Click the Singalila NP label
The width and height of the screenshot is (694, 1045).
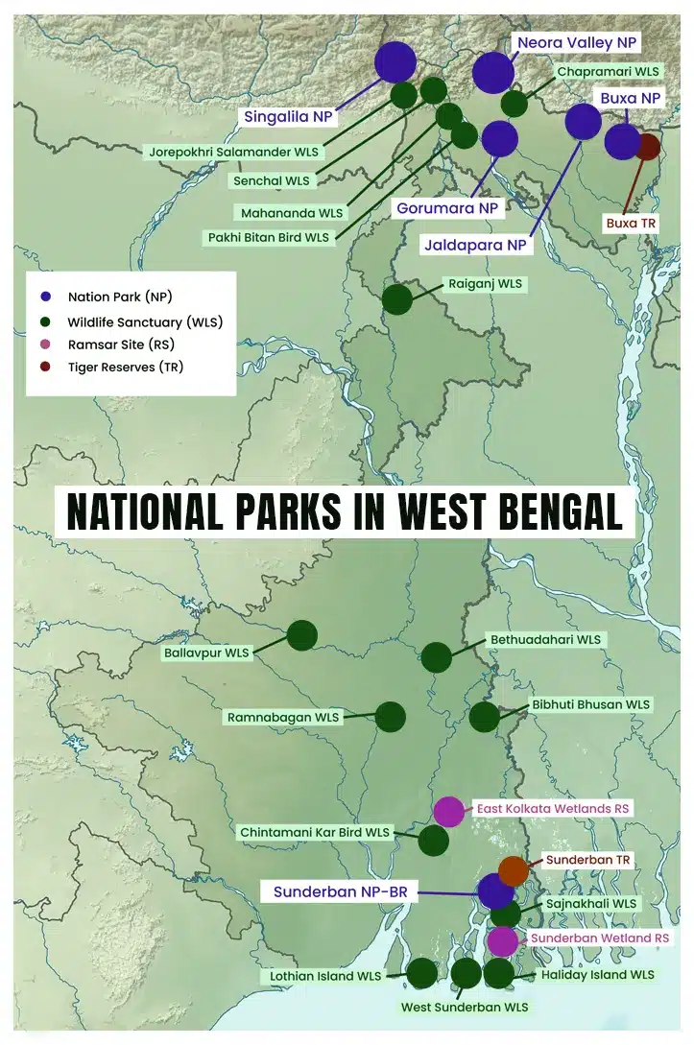(288, 116)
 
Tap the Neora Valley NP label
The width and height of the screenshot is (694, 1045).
(577, 43)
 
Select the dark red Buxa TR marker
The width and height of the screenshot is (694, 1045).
(647, 147)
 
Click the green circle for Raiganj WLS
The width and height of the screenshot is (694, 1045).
(397, 299)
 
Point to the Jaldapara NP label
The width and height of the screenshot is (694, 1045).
(476, 246)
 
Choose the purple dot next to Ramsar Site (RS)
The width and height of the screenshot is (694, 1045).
(44, 344)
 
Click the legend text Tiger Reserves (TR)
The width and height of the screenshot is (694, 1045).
(125, 367)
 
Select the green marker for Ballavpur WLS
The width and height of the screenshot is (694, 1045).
(302, 635)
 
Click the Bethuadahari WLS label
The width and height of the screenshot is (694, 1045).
(545, 639)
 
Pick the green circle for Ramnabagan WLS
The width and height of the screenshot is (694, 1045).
(390, 717)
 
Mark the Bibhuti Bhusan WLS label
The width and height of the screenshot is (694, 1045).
(590, 704)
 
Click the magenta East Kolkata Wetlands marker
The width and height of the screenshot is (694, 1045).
(448, 812)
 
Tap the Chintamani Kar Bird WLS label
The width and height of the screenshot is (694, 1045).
(315, 832)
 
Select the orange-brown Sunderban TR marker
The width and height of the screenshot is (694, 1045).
(513, 870)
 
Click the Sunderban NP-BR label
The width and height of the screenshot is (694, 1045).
(341, 891)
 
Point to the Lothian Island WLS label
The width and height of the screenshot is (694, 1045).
(321, 976)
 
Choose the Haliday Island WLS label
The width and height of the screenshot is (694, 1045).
(597, 974)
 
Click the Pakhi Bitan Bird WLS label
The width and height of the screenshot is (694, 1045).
(268, 236)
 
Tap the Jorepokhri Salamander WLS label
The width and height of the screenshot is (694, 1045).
(234, 152)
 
